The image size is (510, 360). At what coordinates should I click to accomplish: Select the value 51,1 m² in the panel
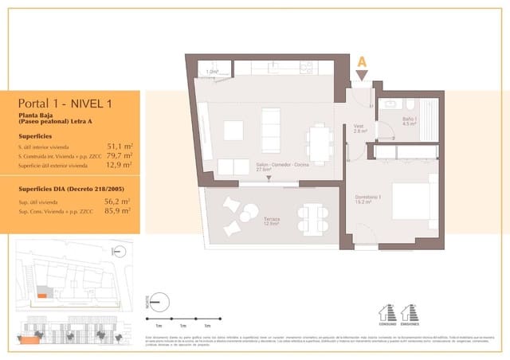pyautogui.click(x=119, y=147)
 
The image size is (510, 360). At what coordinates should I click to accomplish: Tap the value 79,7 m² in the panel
pyautogui.click(x=119, y=156)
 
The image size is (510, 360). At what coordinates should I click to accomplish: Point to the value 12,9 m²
pyautogui.click(x=119, y=166)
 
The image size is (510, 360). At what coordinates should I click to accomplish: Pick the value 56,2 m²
pyautogui.click(x=119, y=202)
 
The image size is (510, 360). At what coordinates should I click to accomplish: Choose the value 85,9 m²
pyautogui.click(x=119, y=212)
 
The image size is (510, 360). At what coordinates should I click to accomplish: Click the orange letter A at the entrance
pyautogui.click(x=363, y=61)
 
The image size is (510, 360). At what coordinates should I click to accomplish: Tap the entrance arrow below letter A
pyautogui.click(x=363, y=76)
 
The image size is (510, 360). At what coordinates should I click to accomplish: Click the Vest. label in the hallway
pyautogui.click(x=359, y=127)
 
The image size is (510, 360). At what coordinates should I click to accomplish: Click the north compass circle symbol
pyautogui.click(x=159, y=302)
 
